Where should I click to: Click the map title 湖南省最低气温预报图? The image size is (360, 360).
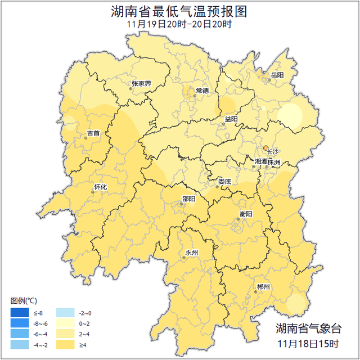click(179, 12)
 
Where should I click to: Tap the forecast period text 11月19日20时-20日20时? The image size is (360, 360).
click(179, 25)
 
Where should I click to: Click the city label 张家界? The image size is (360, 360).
click(141, 84)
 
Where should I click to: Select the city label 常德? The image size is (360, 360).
click(202, 91)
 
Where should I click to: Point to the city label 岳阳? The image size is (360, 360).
click(277, 75)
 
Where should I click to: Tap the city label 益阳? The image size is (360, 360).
click(231, 119)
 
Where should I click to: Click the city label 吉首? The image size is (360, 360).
click(93, 133)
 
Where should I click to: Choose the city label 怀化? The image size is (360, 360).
click(100, 187)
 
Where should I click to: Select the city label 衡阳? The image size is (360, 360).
click(246, 214)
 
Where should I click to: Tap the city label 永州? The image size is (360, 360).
click(191, 253)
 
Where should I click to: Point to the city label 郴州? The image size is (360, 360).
click(263, 287)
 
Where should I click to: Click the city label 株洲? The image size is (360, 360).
click(274, 161)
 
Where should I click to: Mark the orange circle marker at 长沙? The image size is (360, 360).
click(266, 148)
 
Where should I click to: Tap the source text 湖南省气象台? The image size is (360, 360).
click(309, 328)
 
